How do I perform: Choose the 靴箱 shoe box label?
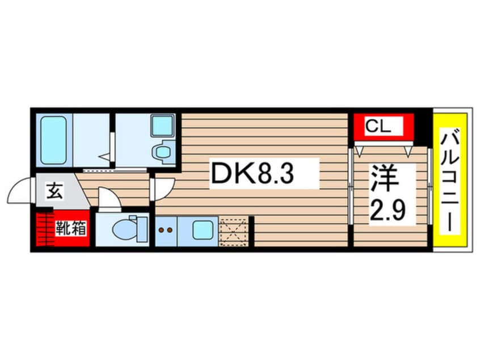tap(70, 229)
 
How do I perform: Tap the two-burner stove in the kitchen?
tap(166, 231)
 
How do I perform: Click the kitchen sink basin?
tap(203, 231)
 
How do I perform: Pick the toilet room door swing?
tap(107, 199)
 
